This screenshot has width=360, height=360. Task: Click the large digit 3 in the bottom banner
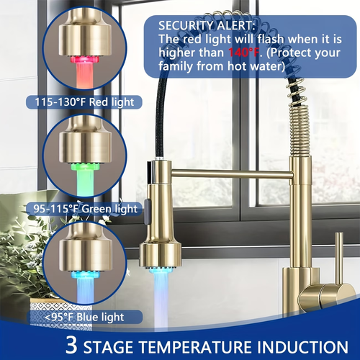71,344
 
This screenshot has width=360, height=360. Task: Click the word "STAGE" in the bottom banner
110,344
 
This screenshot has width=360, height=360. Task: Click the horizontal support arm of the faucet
230,173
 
